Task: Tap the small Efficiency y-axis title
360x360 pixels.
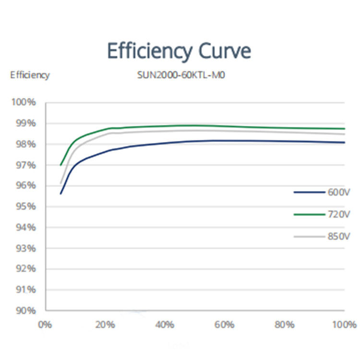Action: point(30,75)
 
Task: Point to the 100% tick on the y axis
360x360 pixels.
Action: point(24,103)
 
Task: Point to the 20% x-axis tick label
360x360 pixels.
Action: point(105,325)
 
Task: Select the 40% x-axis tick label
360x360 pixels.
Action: point(165,325)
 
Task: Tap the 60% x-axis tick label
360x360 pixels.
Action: point(225,325)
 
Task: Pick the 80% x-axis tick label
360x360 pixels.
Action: point(285,325)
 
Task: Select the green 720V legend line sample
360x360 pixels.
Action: point(309,215)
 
